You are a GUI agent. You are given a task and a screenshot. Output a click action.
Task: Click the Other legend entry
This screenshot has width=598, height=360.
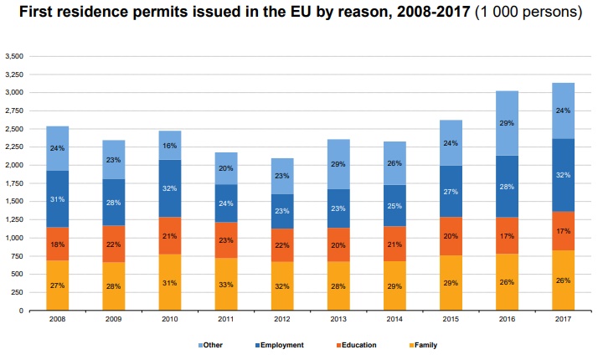212,344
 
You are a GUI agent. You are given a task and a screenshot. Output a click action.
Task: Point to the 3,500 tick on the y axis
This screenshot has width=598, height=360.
14,56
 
